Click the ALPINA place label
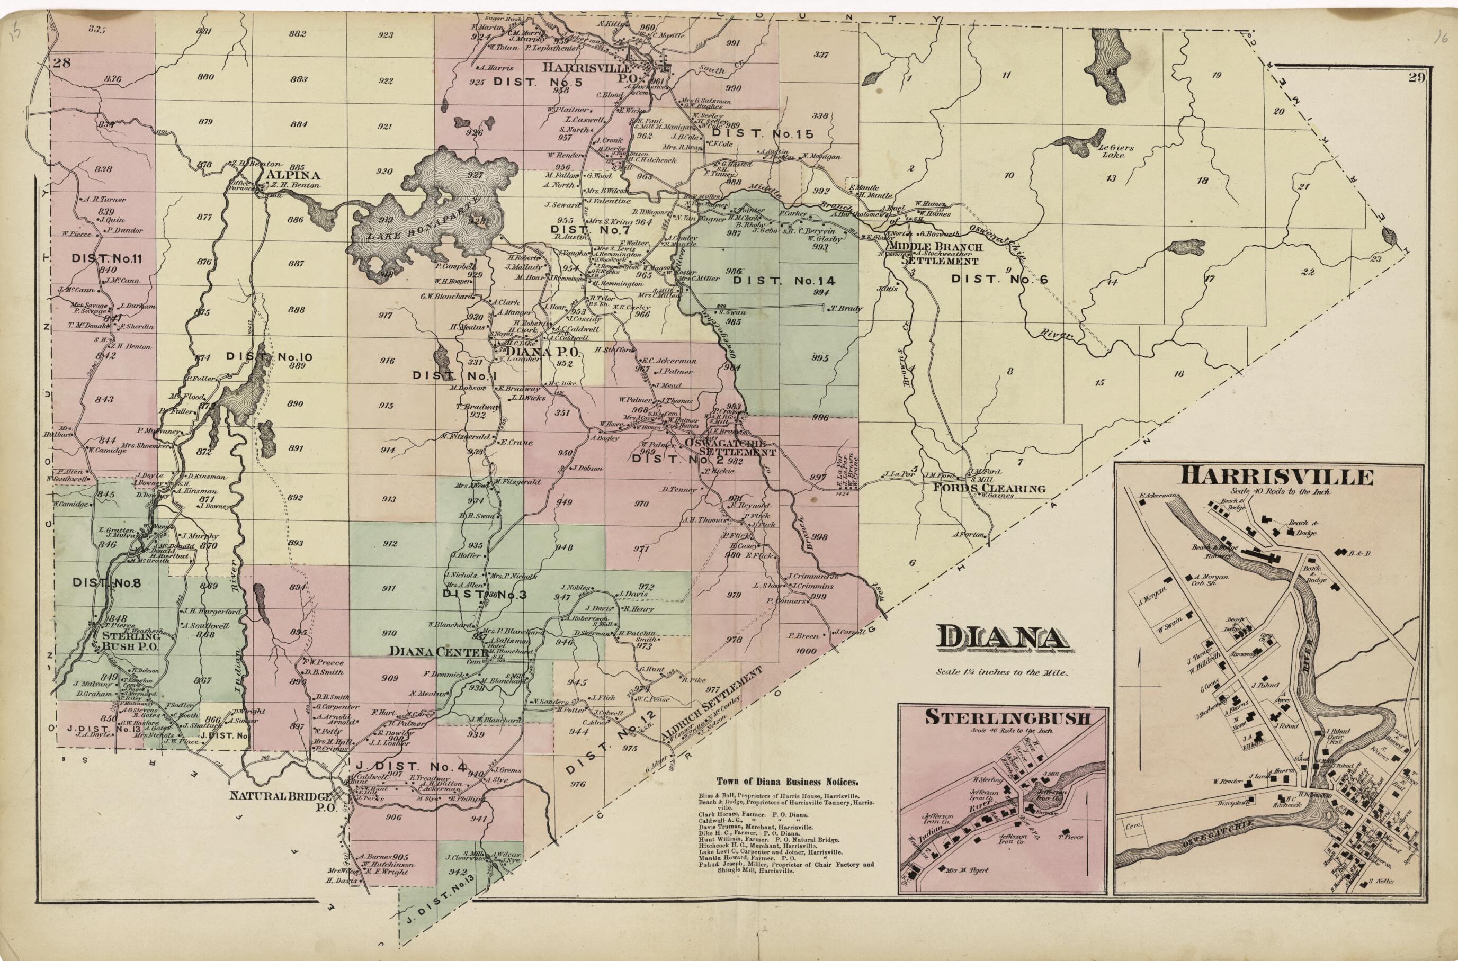click(x=285, y=175)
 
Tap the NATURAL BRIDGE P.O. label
click(x=281, y=801)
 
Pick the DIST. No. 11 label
click(x=106, y=258)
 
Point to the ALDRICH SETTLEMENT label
click(x=712, y=704)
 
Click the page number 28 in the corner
click(x=62, y=62)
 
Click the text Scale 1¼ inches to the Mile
click(x=1001, y=672)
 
